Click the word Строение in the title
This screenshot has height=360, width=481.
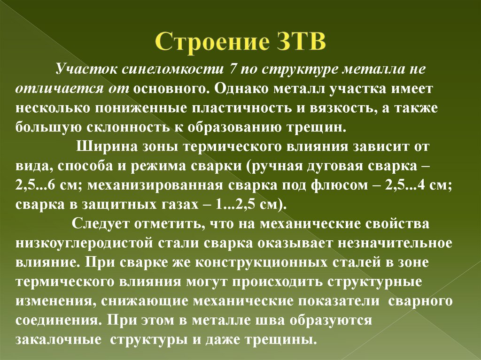click(213, 42)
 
